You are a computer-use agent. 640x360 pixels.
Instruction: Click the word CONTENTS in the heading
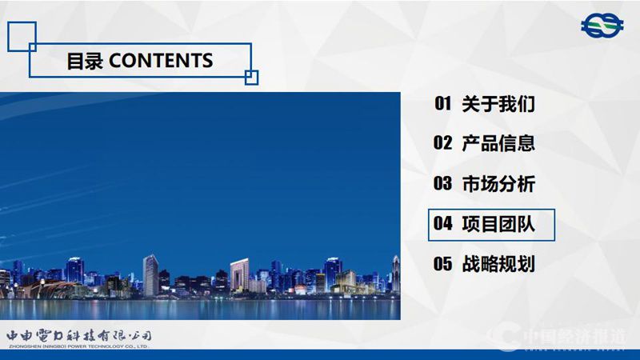point(161,61)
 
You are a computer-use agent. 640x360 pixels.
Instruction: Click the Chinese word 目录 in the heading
point(85,61)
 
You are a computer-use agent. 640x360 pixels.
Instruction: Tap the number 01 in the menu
point(443,103)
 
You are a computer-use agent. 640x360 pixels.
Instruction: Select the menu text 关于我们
point(498,103)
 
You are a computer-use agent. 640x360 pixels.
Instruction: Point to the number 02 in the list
point(443,143)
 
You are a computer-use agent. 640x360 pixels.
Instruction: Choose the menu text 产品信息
point(498,143)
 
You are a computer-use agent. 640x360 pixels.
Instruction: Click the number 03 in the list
point(443,183)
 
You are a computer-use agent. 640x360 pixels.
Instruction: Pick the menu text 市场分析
point(498,183)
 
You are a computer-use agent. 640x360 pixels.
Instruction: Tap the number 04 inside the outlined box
point(443,224)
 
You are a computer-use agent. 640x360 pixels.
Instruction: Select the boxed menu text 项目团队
point(498,224)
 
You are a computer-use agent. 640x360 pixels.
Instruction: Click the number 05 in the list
point(443,264)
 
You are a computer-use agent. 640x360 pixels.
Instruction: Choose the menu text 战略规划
point(498,264)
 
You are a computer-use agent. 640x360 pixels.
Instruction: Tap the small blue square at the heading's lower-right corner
point(251,77)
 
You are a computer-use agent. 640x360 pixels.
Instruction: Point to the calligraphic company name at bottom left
point(78,335)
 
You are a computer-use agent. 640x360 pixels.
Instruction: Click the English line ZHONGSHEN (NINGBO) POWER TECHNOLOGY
point(78,346)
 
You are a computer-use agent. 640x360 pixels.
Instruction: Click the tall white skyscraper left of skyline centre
point(150,275)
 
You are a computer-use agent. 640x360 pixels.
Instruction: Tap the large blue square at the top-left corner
point(22,35)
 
